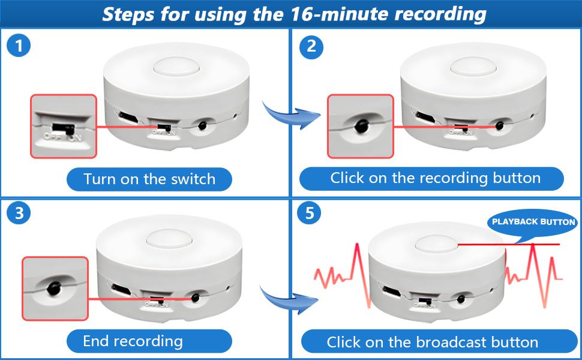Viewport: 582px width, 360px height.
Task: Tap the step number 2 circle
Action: click(x=311, y=46)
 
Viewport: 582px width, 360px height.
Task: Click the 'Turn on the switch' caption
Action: click(x=149, y=179)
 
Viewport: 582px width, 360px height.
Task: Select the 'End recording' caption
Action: click(x=133, y=341)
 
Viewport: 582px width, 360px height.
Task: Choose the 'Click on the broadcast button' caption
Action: click(x=432, y=342)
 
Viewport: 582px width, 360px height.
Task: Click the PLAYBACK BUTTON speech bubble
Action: click(x=533, y=223)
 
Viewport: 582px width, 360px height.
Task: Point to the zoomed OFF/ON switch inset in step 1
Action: click(x=64, y=126)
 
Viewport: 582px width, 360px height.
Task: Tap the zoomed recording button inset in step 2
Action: click(x=360, y=126)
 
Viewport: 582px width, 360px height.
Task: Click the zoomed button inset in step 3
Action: click(x=55, y=287)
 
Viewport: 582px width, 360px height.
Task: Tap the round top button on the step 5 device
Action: click(x=436, y=245)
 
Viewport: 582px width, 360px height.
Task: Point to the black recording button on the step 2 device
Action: click(x=499, y=127)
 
